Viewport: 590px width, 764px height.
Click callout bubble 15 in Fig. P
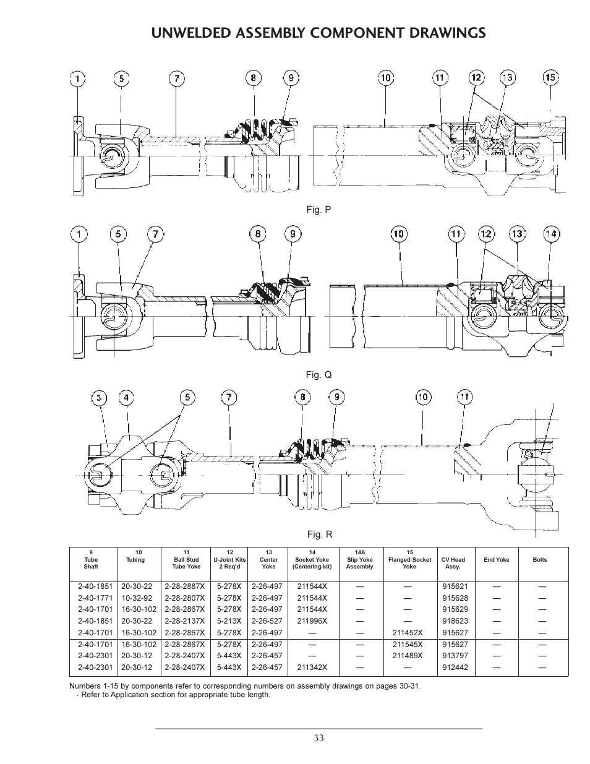click(550, 77)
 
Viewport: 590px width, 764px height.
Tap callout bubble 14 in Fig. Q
click(550, 234)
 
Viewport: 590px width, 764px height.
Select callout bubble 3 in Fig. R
click(98, 397)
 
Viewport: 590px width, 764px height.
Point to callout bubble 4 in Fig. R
click(126, 397)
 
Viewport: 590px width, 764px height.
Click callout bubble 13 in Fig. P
click(507, 77)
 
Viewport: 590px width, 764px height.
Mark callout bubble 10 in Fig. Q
click(399, 234)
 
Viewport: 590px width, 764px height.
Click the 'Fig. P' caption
click(319, 210)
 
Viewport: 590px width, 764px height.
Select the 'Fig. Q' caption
click(319, 375)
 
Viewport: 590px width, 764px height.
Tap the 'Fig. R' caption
click(320, 534)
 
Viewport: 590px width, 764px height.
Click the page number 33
click(319, 737)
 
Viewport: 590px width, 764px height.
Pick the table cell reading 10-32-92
click(137, 598)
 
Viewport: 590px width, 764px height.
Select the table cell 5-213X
click(229, 621)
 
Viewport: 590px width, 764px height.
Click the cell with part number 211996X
click(312, 621)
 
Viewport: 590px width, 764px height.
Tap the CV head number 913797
click(455, 656)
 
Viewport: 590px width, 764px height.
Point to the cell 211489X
click(408, 656)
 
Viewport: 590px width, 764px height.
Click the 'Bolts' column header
click(540, 560)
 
